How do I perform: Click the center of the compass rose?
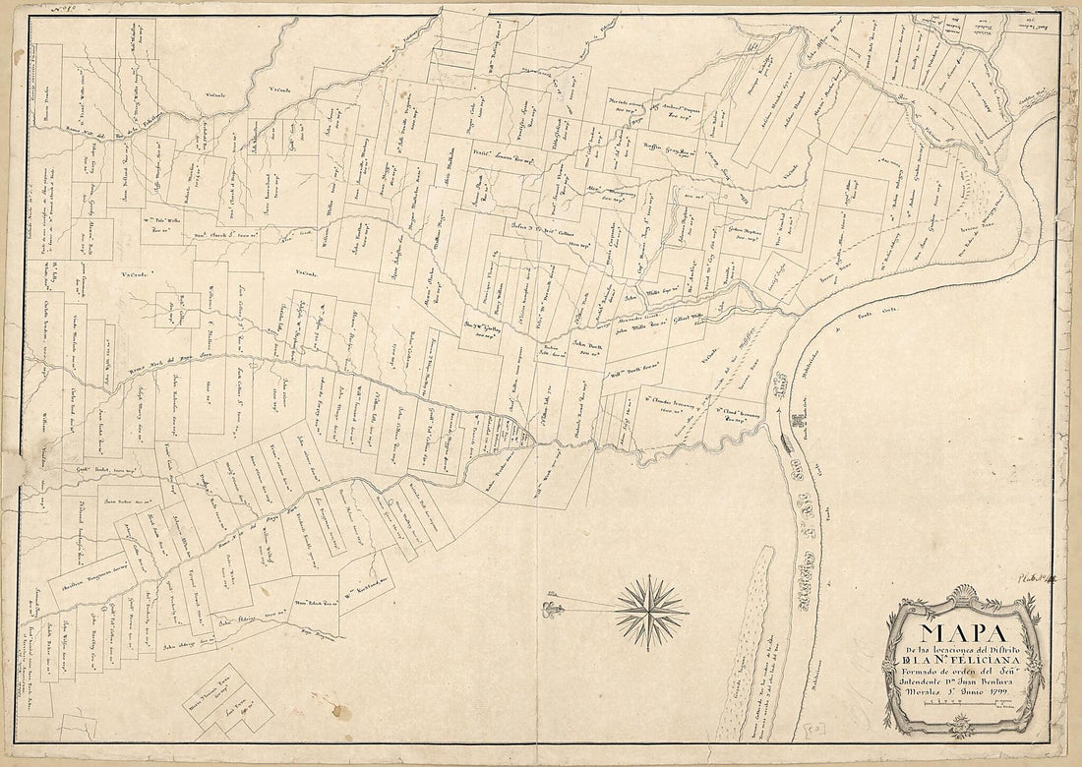(x=651, y=613)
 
